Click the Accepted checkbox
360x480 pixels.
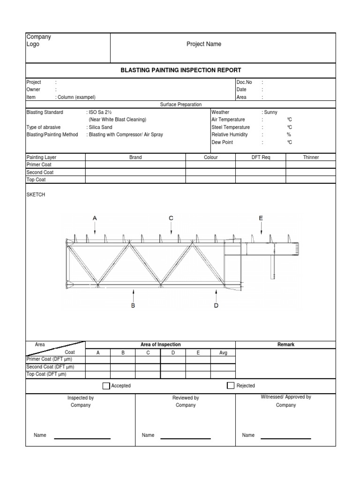click(x=106, y=386)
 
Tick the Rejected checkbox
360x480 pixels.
click(x=230, y=386)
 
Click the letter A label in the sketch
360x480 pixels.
click(x=95, y=218)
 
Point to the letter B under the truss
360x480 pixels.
click(x=133, y=306)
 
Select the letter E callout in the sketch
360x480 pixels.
click(x=261, y=218)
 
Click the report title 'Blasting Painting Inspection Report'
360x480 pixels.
click(x=181, y=70)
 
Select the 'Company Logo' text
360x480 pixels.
click(x=38, y=40)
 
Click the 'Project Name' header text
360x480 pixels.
click(x=204, y=44)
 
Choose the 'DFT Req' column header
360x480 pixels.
click(x=261, y=157)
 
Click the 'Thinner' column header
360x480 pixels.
click(x=311, y=157)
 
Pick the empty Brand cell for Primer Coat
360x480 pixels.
click(x=135, y=165)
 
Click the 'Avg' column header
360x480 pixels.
click(x=223, y=353)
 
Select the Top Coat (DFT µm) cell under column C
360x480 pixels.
click(x=148, y=375)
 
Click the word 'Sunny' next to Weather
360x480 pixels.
click(x=270, y=112)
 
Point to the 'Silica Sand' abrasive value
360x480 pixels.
click(x=100, y=127)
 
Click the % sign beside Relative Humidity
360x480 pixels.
click(x=289, y=135)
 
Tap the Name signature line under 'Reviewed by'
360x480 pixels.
click(x=186, y=438)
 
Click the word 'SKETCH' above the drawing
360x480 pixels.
click(x=36, y=195)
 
